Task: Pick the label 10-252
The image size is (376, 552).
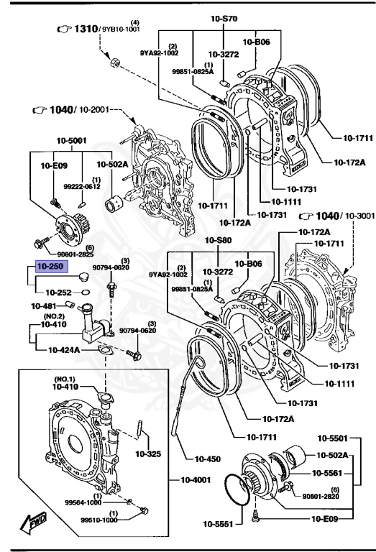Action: [x=60, y=293]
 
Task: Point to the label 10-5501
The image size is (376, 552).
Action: [x=335, y=438]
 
